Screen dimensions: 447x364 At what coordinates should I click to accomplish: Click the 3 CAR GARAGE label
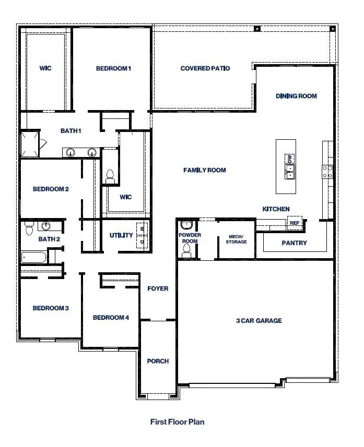(259, 321)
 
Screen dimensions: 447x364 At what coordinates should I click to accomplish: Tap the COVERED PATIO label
(205, 68)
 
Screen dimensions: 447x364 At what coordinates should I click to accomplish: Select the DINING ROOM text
(296, 96)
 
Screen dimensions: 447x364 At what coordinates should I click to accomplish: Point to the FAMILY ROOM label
(205, 170)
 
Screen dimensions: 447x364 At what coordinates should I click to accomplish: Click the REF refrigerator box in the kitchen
(295, 223)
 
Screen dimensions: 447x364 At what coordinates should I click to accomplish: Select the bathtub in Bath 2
(34, 257)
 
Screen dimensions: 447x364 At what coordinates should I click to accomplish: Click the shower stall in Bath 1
(30, 144)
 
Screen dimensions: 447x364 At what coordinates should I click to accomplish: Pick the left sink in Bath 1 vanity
(70, 152)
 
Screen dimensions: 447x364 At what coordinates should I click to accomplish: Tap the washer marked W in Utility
(142, 227)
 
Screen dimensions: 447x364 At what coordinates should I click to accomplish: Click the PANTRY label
(294, 243)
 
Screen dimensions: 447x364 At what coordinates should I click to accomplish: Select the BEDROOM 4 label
(110, 318)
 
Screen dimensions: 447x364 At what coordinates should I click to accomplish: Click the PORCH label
(158, 361)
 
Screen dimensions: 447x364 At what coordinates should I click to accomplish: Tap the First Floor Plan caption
(177, 421)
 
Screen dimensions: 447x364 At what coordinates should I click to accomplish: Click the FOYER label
(158, 288)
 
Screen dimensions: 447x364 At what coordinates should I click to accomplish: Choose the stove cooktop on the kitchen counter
(328, 172)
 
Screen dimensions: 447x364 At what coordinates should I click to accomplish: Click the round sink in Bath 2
(47, 226)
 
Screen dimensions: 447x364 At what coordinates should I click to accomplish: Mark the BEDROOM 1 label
(113, 68)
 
